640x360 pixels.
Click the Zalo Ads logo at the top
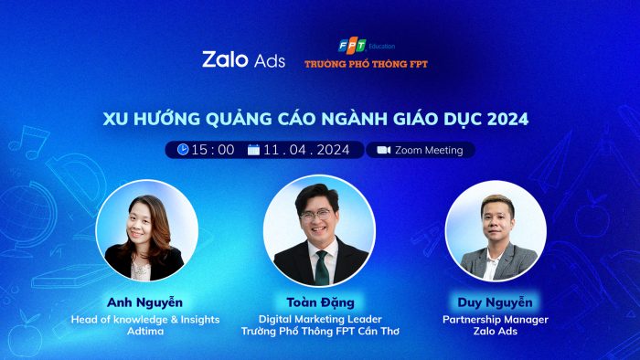coord(243,59)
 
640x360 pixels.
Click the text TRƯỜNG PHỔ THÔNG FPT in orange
coord(366,64)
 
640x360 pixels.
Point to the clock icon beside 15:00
coord(183,150)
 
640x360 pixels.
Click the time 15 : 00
coord(212,150)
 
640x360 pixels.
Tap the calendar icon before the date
coord(254,150)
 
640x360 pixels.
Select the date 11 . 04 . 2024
coord(306,150)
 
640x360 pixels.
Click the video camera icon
coord(383,150)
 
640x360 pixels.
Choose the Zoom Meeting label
coord(429,150)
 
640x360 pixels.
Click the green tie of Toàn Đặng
coord(321,266)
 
